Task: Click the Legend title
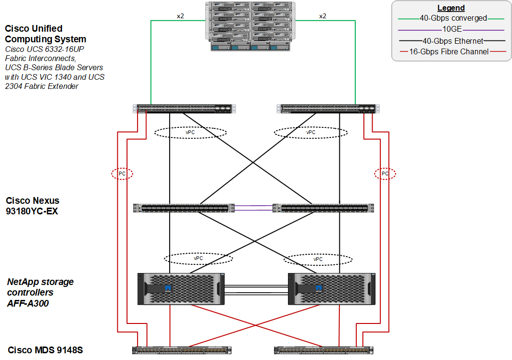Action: tap(451, 8)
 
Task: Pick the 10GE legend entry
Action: tap(451, 30)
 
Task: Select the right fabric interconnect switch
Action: tap(327, 109)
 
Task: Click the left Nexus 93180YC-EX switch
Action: tap(183, 208)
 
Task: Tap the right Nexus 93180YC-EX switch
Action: tap(323, 208)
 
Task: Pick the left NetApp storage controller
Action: tap(181, 288)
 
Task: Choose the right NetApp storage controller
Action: tap(331, 288)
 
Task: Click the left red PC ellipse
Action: tap(122, 174)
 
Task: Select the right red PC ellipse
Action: tap(385, 174)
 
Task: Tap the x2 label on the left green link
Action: tap(180, 16)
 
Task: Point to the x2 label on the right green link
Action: tap(323, 16)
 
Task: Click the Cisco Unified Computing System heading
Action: tap(46, 34)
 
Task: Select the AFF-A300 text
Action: tap(28, 303)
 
